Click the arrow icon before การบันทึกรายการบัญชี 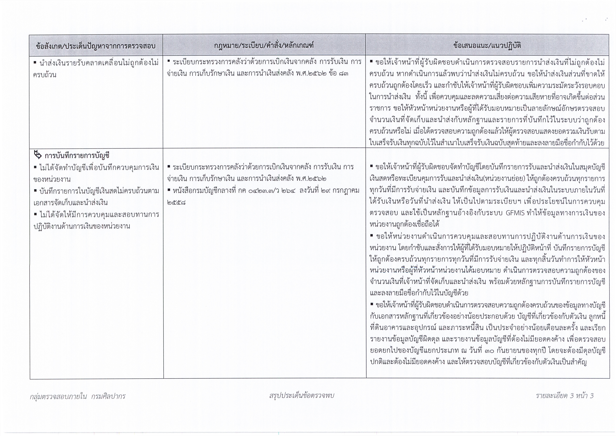[x=38, y=155]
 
